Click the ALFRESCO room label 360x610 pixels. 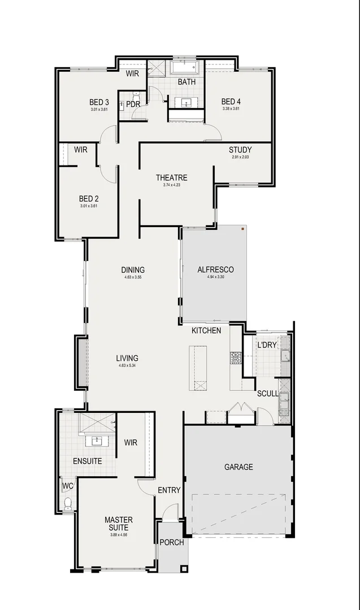(x=215, y=269)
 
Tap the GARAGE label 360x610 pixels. (x=238, y=467)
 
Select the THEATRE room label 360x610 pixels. (x=172, y=178)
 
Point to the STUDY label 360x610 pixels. (x=240, y=150)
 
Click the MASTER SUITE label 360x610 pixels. (x=119, y=524)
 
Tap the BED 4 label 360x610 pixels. (x=231, y=102)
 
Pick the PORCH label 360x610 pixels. (x=172, y=542)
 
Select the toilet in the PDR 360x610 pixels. (x=136, y=94)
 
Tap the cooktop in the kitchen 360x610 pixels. (x=236, y=358)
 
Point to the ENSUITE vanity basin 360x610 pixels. (x=97, y=441)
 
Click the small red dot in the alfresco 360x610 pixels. (x=242, y=229)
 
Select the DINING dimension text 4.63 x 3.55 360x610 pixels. (x=133, y=277)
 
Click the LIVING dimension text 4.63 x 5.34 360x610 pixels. (x=127, y=366)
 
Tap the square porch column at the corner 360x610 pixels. (x=184, y=569)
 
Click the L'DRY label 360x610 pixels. (x=266, y=345)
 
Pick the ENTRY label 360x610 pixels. (x=169, y=490)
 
